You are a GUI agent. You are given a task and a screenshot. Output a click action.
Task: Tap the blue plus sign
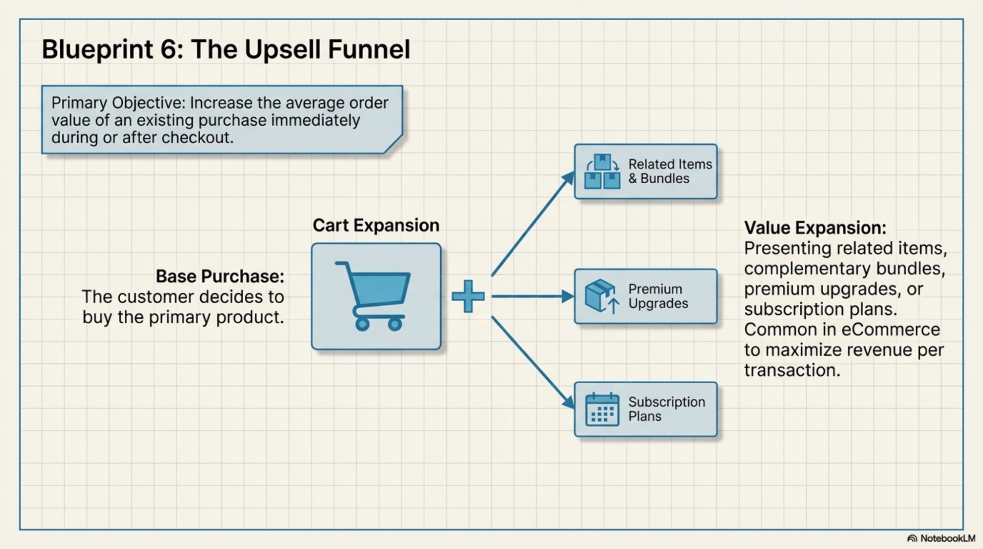pos(468,296)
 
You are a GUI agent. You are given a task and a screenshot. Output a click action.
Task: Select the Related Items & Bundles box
pos(645,172)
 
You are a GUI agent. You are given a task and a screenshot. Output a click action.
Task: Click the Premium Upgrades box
pos(645,296)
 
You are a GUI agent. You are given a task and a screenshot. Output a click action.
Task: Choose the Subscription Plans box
pos(645,409)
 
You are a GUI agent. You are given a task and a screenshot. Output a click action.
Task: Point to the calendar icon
pos(602,409)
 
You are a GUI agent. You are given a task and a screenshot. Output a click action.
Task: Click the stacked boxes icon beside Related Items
pos(602,172)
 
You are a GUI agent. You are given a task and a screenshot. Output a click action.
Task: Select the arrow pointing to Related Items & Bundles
pos(531,225)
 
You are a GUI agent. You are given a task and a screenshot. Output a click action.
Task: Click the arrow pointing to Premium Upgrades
pos(531,296)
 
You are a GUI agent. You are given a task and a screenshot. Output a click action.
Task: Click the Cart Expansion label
pos(376,225)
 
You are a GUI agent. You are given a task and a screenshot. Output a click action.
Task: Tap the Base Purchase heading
pos(220,276)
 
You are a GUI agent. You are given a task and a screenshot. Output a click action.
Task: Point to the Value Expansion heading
pos(815,228)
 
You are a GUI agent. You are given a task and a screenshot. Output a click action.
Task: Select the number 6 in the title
pos(168,49)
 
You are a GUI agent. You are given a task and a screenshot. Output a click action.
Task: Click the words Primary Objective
pos(119,103)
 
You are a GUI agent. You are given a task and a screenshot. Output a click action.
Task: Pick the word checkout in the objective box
pos(197,137)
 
